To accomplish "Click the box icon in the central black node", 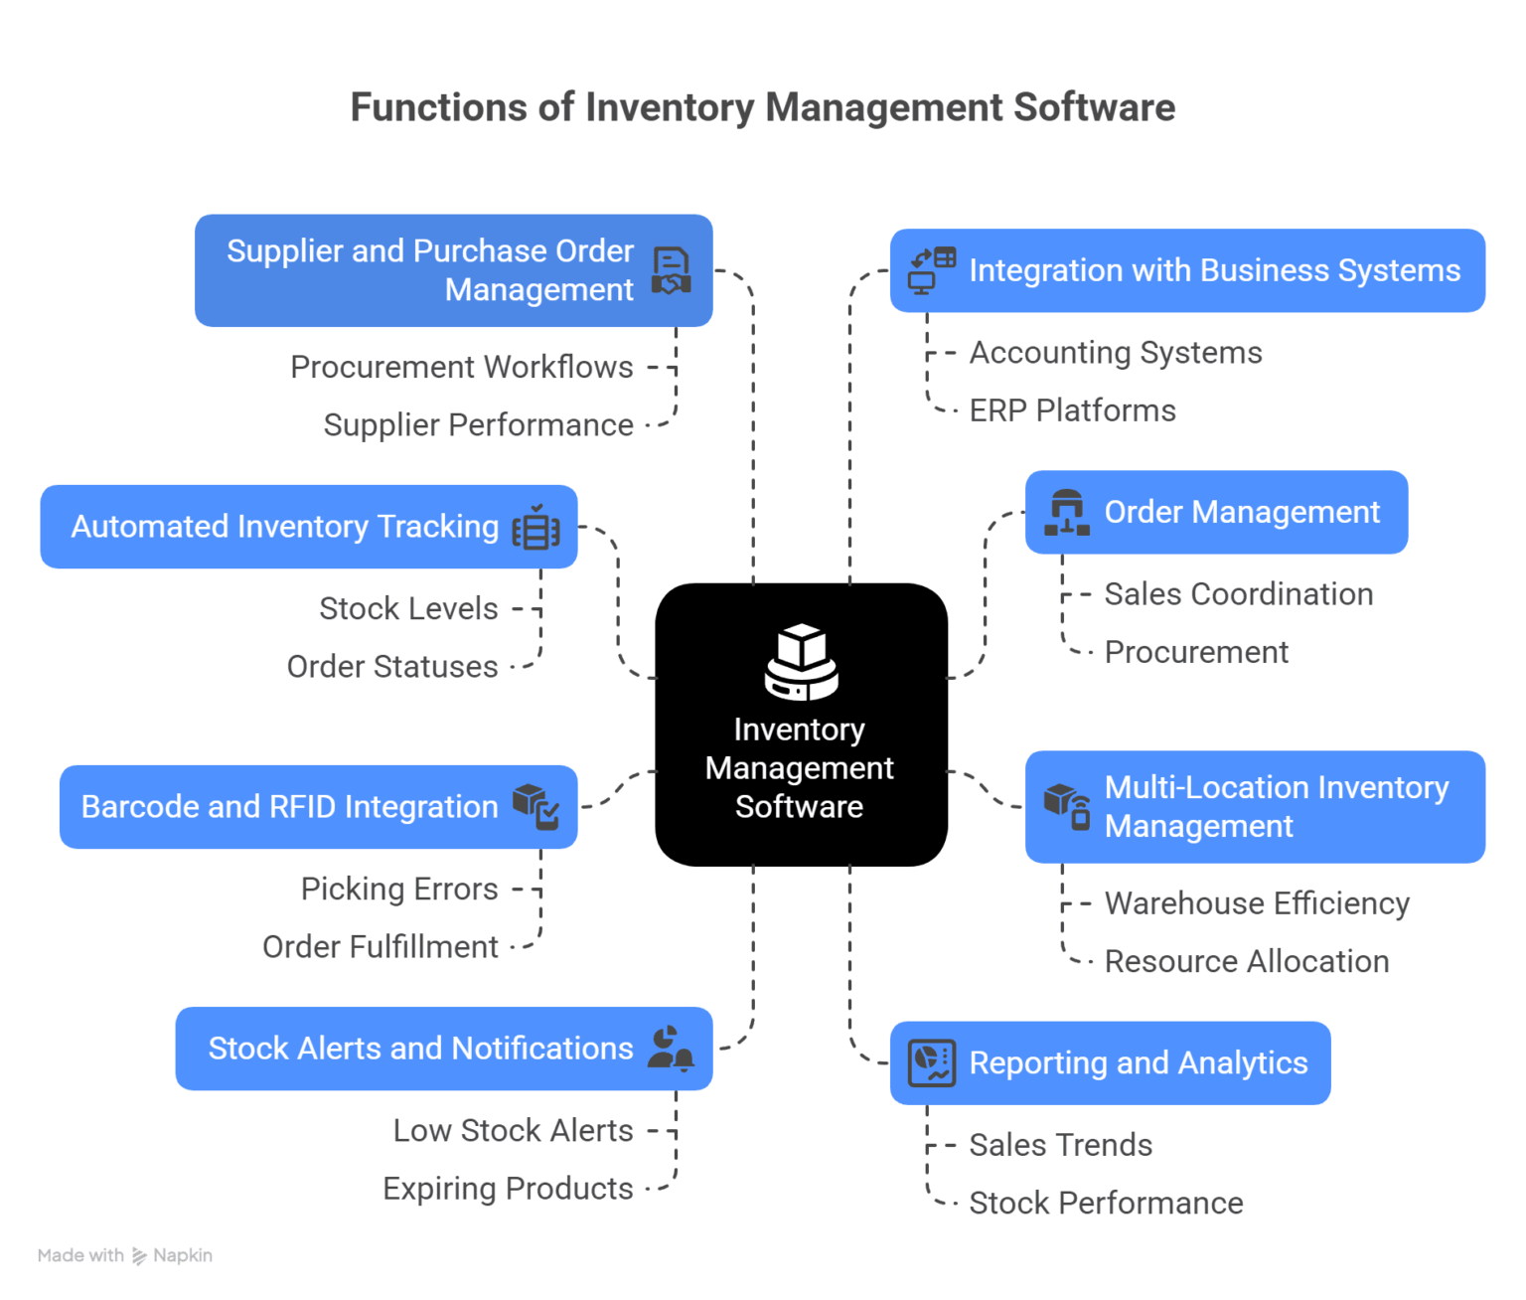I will (801, 661).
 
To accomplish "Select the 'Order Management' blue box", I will (1216, 512).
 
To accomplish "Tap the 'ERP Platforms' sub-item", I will (1072, 410).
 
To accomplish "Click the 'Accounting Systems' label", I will (1115, 353).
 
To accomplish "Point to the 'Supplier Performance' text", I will (478, 425).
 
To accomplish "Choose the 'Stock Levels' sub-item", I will (408, 608).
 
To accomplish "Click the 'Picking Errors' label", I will (399, 889).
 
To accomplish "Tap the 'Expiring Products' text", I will (508, 1189).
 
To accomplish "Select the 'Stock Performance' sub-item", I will (1106, 1204).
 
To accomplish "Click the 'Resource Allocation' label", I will (1246, 962).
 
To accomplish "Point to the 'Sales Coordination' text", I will (1238, 594).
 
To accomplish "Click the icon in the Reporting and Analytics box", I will (932, 1063).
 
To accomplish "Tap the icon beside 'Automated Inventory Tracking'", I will (535, 528).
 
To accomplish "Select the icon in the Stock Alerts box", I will (671, 1049).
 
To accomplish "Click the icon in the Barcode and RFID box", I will (535, 806).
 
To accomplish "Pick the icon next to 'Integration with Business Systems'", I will (932, 270).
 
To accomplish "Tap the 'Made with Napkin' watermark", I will (125, 1255).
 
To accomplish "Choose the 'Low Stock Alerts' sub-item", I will (513, 1131).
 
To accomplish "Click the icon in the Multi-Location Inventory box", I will (1068, 806).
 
